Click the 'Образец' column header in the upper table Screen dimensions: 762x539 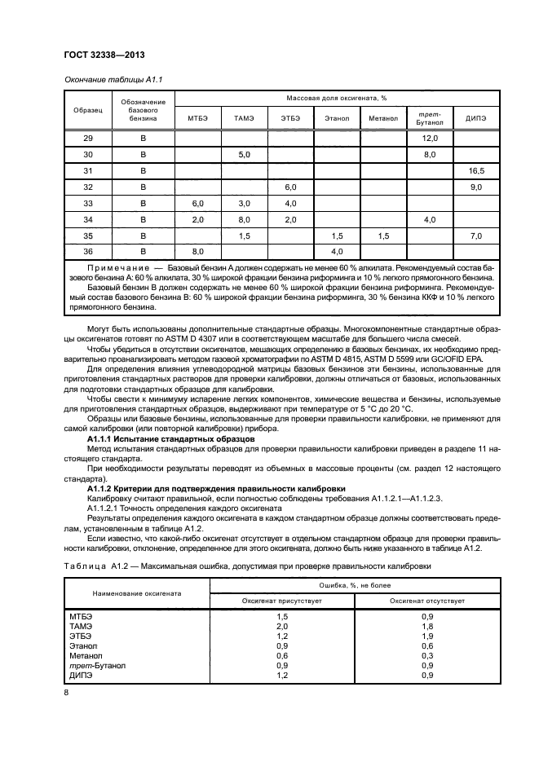[x=88, y=108]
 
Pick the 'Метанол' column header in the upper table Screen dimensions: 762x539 [x=382, y=118]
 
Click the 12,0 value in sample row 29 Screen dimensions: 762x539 [x=430, y=139]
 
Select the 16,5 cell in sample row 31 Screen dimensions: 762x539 [x=476, y=171]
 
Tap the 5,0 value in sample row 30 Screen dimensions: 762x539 [x=244, y=155]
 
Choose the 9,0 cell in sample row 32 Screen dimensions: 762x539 [x=476, y=187]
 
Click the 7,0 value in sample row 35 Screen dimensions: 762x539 [x=476, y=236]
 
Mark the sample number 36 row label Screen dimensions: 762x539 [x=88, y=252]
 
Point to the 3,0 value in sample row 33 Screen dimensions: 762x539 [x=244, y=204]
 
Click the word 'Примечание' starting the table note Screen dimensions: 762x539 [x=117, y=267]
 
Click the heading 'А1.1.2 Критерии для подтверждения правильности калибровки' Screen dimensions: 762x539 [x=204, y=487]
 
